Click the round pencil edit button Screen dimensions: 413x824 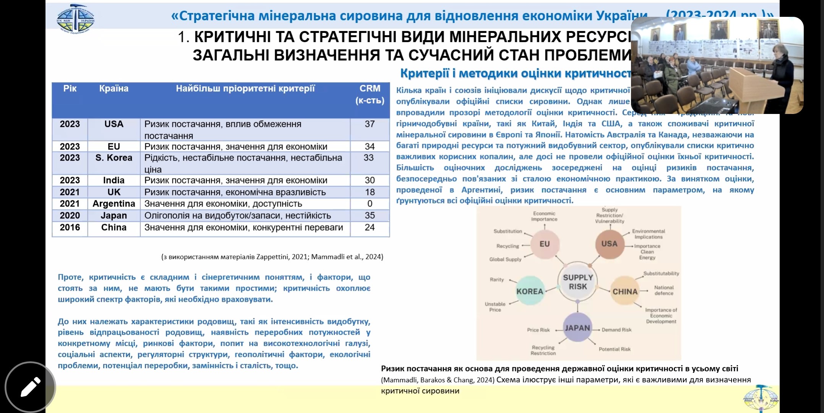point(30,387)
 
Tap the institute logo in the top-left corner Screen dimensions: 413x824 point(75,18)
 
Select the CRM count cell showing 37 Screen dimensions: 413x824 point(370,124)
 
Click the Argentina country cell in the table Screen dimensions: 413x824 point(114,204)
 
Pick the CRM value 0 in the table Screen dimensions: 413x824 point(370,204)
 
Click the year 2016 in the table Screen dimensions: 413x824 point(70,228)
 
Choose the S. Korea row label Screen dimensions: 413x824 point(114,158)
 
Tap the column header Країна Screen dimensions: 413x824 point(114,89)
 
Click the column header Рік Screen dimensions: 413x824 point(70,89)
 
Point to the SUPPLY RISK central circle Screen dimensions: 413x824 point(577,282)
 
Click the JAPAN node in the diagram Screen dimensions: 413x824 point(577,328)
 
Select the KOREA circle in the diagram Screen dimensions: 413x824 point(530,291)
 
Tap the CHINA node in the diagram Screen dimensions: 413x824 point(625,291)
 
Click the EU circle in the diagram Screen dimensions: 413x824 point(545,244)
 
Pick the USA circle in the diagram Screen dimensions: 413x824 point(609,244)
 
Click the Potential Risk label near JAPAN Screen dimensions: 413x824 point(615,349)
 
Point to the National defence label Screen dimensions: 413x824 point(664,290)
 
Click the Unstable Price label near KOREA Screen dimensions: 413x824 point(495,307)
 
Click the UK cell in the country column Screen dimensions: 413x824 point(114,192)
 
